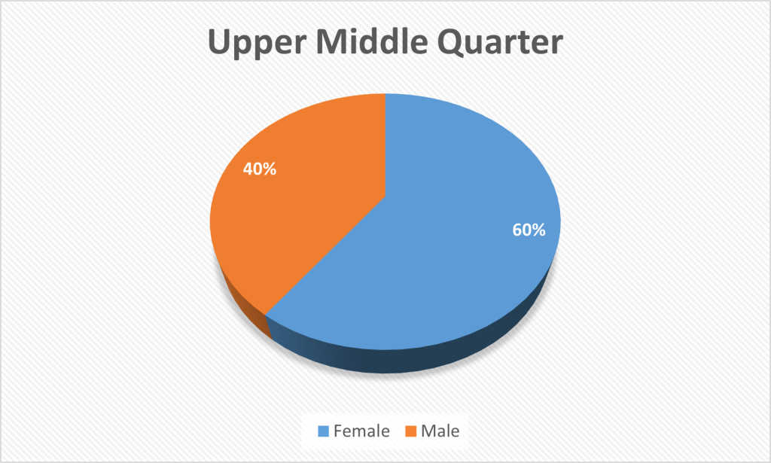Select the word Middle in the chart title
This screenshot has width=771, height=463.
pos(375,41)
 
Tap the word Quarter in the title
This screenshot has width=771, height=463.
pos(500,42)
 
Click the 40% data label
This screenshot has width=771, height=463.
pos(260,169)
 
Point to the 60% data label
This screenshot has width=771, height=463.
pos(529,230)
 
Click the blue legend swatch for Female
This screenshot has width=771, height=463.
pos(324,431)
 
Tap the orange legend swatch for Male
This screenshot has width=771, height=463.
pos(411,431)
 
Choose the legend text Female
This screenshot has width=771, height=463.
pos(361,431)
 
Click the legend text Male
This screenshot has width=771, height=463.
pos(440,431)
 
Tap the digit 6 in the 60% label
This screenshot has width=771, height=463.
pos(518,230)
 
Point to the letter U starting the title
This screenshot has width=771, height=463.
pos(219,41)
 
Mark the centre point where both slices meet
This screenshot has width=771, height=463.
pos(385,197)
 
